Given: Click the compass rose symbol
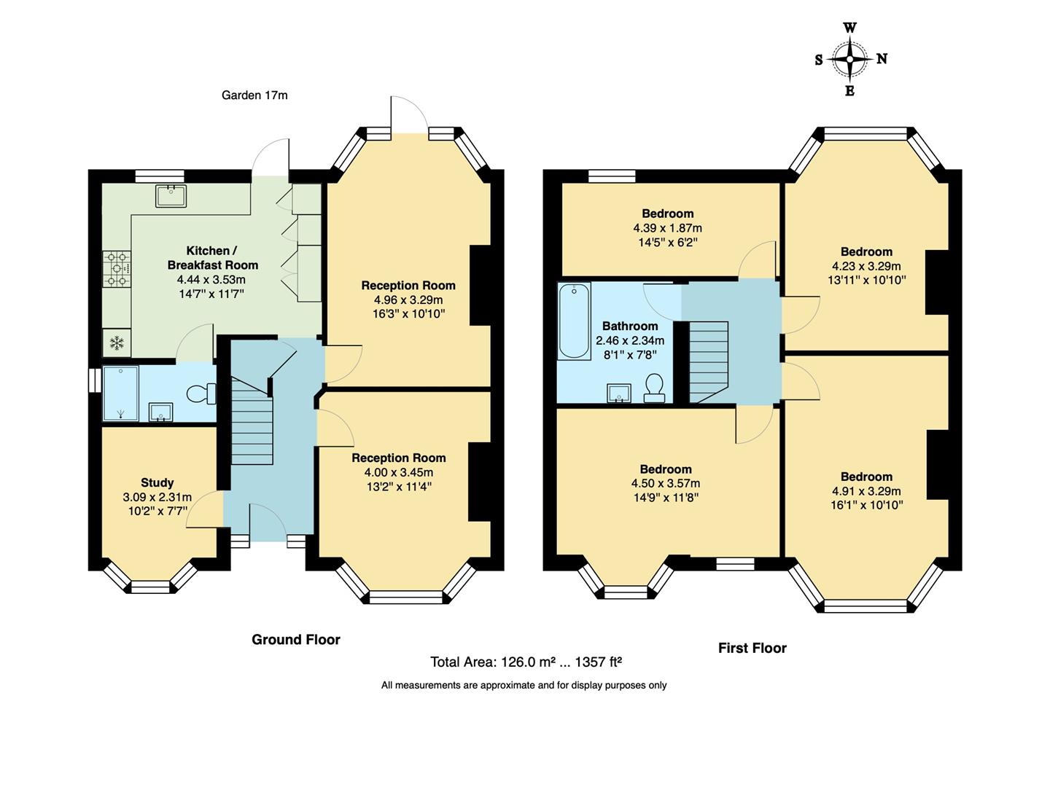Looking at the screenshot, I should [x=850, y=60].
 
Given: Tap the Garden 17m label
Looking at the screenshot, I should [x=254, y=95].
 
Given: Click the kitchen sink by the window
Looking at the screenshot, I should [x=171, y=195].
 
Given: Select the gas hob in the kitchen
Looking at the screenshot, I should [x=117, y=268].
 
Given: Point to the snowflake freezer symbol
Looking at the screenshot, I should [x=117, y=343].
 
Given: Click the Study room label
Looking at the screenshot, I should [x=157, y=482].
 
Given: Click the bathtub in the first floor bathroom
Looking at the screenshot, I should [x=575, y=321].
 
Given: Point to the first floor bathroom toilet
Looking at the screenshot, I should [x=654, y=388].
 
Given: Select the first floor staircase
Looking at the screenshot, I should [x=708, y=361].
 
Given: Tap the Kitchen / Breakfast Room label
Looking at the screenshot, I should [x=212, y=258].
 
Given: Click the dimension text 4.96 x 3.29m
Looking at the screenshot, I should [x=408, y=299].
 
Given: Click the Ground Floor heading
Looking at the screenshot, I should [x=296, y=640].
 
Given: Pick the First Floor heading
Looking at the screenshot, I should [x=752, y=648].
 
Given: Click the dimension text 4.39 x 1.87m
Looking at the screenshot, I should [x=668, y=228].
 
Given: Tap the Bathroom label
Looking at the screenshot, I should [x=630, y=326].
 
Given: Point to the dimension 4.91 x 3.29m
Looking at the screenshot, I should [x=866, y=491].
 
